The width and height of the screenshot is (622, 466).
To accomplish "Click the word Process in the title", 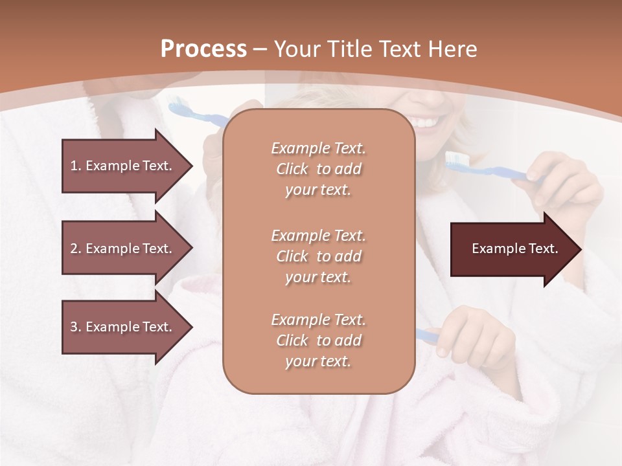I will tap(203, 49).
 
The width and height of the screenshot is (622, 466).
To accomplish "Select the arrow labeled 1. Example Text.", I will tap(121, 166).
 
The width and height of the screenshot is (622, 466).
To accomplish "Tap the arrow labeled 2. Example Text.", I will tap(121, 249).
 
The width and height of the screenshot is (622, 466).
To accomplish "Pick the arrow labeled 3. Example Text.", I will tap(121, 327).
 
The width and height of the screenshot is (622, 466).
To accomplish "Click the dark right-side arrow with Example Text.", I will tap(514, 249).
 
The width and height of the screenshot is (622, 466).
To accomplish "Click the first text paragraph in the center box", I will tap(318, 169).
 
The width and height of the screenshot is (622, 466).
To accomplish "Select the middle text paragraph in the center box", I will tap(318, 256).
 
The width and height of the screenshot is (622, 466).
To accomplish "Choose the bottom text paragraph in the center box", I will tap(318, 340).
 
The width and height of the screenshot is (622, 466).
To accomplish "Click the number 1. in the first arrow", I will tap(75, 166).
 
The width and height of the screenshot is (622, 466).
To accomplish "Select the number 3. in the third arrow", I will tap(75, 327).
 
